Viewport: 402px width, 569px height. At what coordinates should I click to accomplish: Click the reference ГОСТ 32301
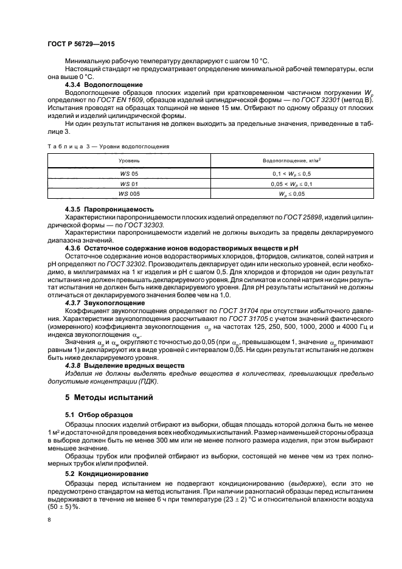[x=313, y=101]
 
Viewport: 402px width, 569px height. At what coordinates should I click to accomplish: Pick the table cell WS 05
[x=129, y=173]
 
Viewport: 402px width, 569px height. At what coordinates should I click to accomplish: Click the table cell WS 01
[x=129, y=183]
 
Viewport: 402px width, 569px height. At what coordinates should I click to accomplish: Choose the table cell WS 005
[x=129, y=193]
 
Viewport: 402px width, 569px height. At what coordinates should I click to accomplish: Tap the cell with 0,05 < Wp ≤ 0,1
[x=291, y=183]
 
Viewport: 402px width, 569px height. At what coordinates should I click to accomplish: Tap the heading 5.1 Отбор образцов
[x=95, y=415]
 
